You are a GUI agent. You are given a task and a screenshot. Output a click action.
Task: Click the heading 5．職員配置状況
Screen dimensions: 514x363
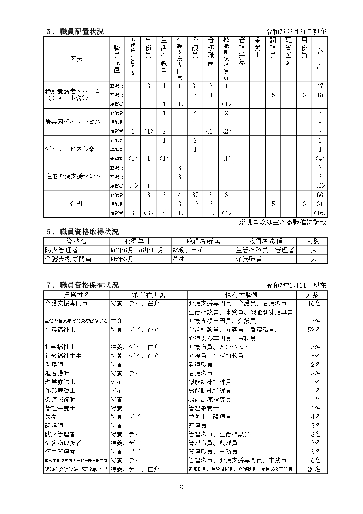(x=75, y=31)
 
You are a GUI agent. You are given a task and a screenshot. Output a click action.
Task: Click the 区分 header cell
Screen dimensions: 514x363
(x=76, y=59)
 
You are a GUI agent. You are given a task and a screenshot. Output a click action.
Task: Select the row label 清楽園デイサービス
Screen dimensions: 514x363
(x=73, y=122)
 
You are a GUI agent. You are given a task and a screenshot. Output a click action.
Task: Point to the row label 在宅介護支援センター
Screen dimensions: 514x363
(x=76, y=176)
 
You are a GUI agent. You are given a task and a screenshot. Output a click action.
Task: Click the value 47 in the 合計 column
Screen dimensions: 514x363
(x=320, y=86)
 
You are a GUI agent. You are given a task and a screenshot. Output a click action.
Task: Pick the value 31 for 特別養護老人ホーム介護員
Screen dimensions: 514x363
(x=195, y=86)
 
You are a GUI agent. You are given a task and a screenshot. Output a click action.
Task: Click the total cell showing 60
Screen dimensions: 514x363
(x=320, y=195)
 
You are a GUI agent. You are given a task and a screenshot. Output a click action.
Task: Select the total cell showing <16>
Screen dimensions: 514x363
(x=320, y=213)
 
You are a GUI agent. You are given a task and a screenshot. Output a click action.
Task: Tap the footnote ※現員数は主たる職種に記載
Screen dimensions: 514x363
(x=282, y=222)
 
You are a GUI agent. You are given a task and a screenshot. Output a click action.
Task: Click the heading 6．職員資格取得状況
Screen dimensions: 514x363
(x=82, y=232)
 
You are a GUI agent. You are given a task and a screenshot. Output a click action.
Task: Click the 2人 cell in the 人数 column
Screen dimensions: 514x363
(x=312, y=250)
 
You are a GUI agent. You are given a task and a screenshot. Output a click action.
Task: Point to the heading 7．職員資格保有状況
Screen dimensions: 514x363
(x=82, y=285)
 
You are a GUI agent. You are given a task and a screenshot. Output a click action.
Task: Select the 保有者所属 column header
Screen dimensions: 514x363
(x=148, y=295)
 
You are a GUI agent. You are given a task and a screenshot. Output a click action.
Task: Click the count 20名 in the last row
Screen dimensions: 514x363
(x=314, y=469)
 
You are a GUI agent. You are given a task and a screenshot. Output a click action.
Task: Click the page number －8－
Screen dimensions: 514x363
(x=181, y=487)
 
